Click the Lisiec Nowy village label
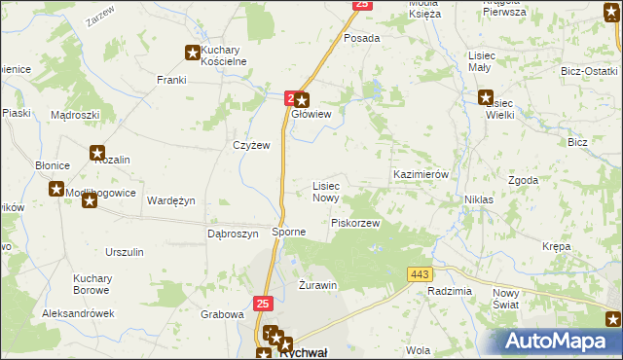click(325, 192)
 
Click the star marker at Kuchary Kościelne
click(193, 54)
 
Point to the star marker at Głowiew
click(302, 99)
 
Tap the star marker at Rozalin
click(97, 152)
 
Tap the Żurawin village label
click(317, 285)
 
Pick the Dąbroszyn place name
click(233, 234)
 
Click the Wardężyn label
click(171, 200)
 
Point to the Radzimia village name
click(449, 292)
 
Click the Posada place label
click(361, 38)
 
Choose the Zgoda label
click(524, 181)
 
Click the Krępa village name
click(557, 246)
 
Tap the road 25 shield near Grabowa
click(262, 304)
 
